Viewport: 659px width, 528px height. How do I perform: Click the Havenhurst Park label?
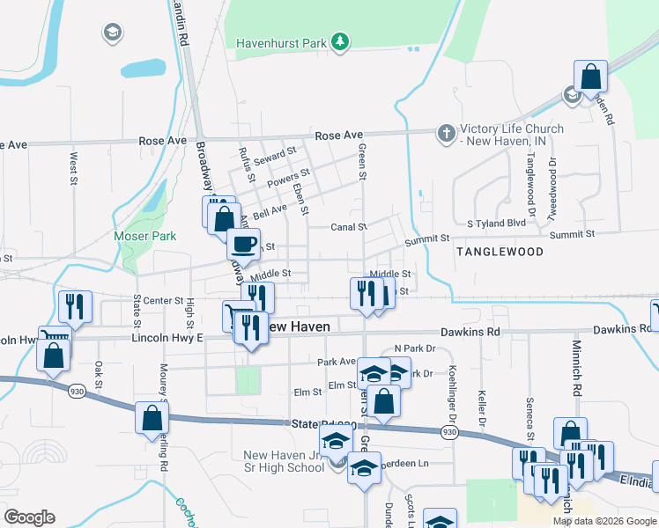(x=280, y=42)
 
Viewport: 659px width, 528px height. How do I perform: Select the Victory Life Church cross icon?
(x=447, y=135)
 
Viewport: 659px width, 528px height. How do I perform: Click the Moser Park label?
(x=145, y=236)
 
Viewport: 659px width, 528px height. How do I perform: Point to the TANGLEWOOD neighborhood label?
(x=500, y=252)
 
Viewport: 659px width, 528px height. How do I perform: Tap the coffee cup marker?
(x=244, y=244)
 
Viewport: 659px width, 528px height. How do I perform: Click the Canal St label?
(x=350, y=227)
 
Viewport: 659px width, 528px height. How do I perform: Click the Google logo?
(x=29, y=517)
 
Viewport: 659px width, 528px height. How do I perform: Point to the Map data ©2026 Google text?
(x=604, y=521)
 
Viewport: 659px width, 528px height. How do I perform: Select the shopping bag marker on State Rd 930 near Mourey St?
(x=152, y=417)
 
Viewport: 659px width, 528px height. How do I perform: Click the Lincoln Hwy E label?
(x=167, y=337)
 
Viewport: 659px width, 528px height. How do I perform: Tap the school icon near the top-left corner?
(x=112, y=33)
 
